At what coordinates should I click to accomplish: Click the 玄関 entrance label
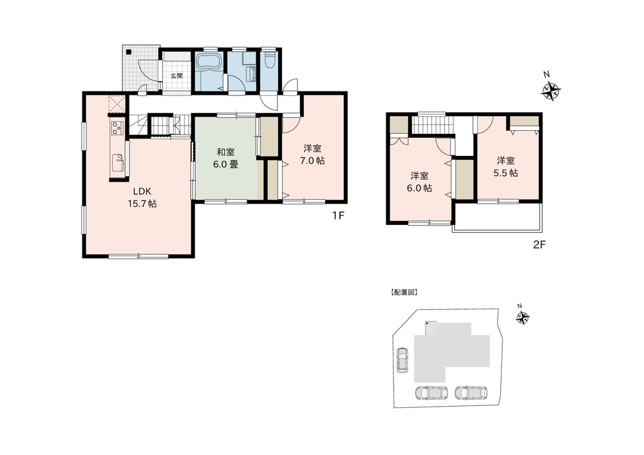coord(176,76)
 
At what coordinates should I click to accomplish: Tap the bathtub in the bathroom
coord(209,64)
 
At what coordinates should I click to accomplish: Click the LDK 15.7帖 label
coord(142,197)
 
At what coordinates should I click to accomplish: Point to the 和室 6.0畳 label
coord(225,159)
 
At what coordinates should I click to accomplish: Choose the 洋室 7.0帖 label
coord(312,155)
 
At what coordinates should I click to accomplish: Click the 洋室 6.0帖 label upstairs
coord(419,182)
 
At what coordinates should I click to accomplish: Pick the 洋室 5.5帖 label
coord(506,166)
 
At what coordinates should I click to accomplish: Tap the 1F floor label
coord(338,215)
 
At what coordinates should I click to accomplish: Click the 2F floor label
coord(539,245)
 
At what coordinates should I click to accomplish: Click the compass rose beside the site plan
coord(522,317)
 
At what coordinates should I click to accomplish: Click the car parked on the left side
coord(401,360)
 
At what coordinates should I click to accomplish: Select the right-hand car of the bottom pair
coord(471,392)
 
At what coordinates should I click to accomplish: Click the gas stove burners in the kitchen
coord(116,128)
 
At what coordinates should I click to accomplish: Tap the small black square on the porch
coord(129,52)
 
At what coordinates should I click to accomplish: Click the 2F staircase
coord(433,125)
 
